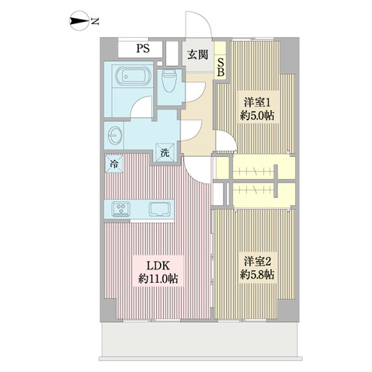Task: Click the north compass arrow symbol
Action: [78, 21]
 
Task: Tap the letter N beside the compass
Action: [94, 21]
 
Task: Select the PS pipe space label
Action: [143, 49]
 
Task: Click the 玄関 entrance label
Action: [196, 54]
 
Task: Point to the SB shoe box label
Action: [220, 68]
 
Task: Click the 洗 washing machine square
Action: [165, 153]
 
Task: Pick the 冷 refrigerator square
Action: [113, 165]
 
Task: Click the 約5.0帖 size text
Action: [257, 116]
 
